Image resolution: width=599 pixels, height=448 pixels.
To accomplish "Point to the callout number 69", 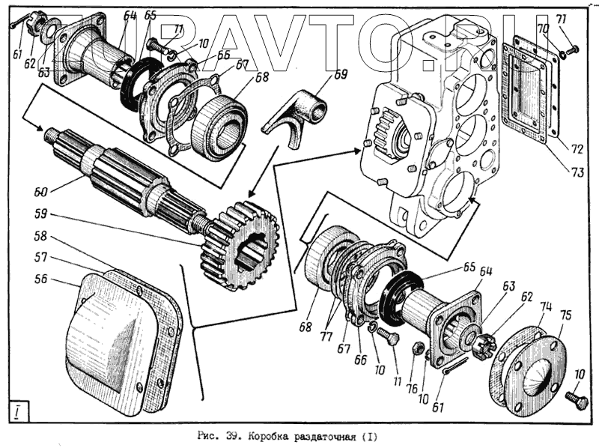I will pos(341,74).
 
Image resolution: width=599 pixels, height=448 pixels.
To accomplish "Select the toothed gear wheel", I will pos(240,243).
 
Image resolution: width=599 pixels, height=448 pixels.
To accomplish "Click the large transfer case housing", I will pos(434,120).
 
